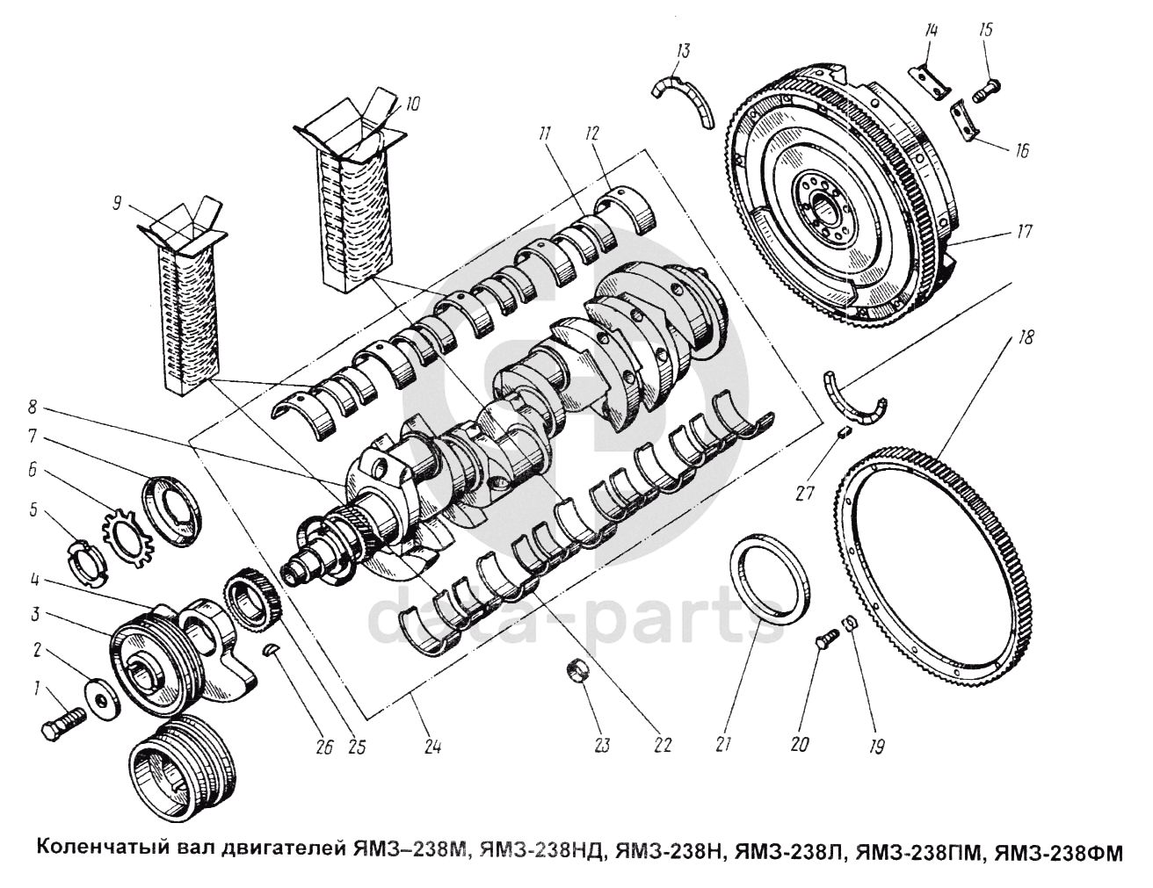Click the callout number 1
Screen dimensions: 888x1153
(37, 689)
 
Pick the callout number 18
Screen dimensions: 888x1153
(1027, 336)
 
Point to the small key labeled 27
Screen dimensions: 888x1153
(841, 431)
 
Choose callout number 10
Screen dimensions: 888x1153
(412, 103)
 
